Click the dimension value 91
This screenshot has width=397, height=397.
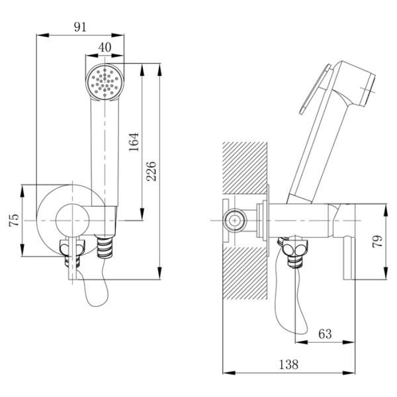[80, 27]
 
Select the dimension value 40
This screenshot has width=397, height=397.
[105, 48]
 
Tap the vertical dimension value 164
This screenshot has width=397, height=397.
[134, 142]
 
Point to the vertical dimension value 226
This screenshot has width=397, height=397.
[152, 171]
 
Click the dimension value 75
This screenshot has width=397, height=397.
[14, 220]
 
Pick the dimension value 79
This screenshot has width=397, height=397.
[378, 242]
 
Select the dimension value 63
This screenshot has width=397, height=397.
[325, 334]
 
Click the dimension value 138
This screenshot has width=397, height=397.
[288, 365]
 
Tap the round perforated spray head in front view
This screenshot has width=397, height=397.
[105, 82]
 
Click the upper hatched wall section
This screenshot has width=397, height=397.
[245, 168]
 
